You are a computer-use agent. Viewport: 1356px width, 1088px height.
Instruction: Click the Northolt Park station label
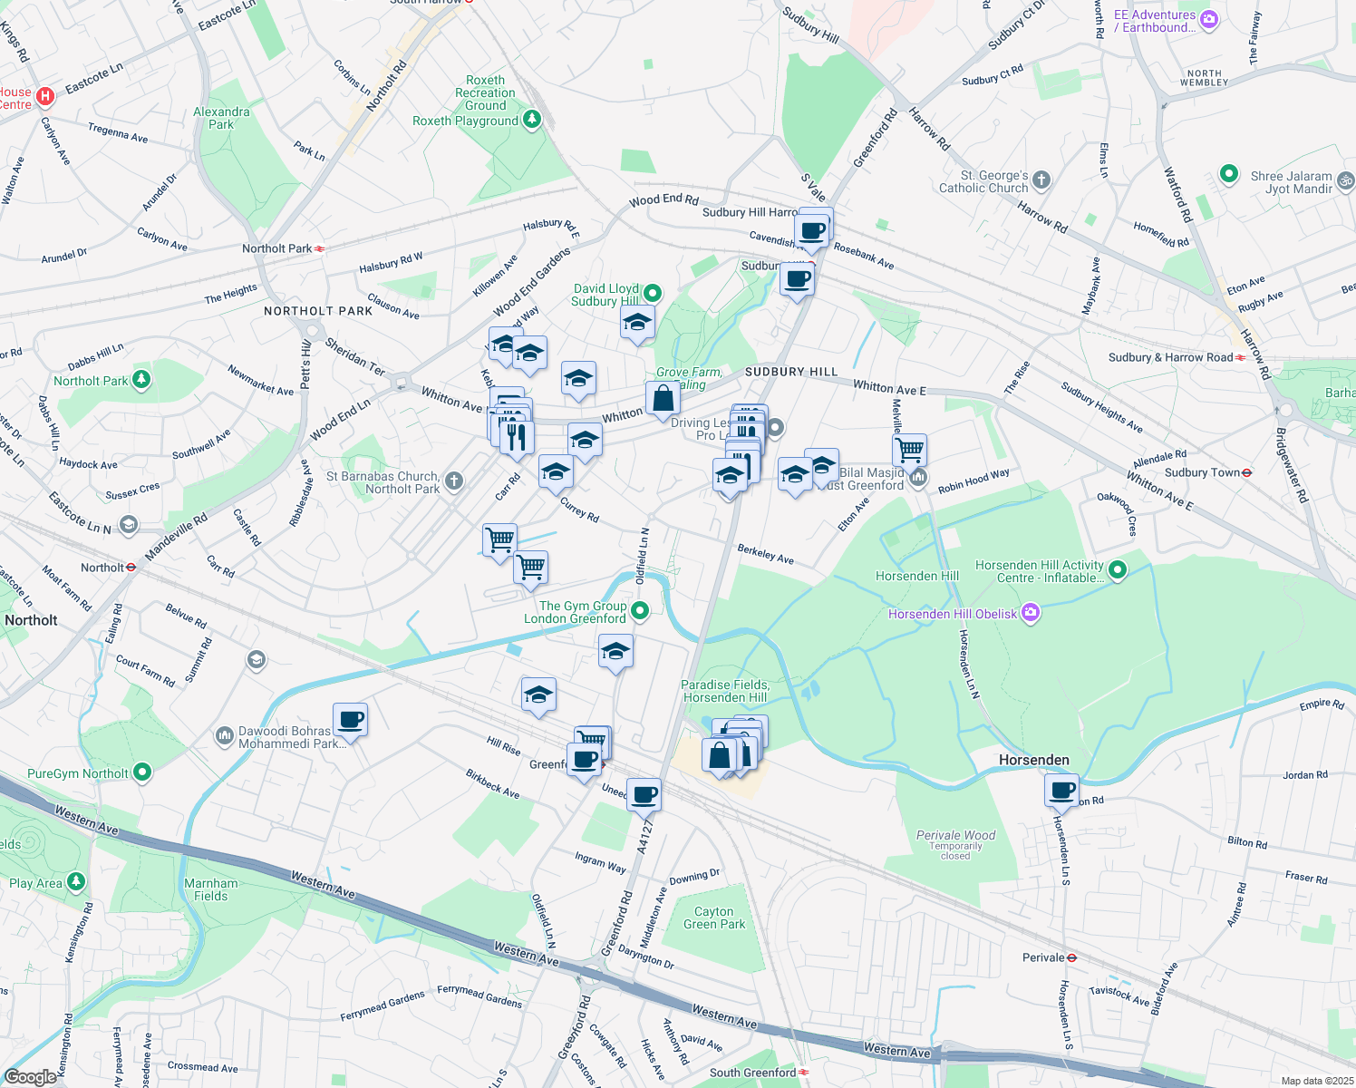coord(277,248)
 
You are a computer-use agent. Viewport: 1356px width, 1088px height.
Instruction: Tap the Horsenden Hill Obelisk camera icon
coord(1031,614)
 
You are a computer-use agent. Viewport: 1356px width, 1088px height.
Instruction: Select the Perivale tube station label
coord(1043,957)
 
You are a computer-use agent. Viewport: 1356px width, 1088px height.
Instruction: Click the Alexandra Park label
coord(221,118)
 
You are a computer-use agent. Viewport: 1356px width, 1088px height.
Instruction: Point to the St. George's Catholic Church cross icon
coord(1041,180)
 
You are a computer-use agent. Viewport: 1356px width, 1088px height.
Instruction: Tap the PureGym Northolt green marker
coord(142,772)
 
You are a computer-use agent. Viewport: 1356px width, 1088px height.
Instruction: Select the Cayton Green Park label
coord(714,918)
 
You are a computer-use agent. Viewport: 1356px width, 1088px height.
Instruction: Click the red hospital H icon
coord(45,95)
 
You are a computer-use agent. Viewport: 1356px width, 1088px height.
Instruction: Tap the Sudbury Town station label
coord(1202,472)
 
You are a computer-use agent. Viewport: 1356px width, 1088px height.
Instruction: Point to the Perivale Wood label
coord(955,835)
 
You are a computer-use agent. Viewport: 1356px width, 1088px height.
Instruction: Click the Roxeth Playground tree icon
coord(532,119)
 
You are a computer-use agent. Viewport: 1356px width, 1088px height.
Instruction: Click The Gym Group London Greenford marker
coord(640,611)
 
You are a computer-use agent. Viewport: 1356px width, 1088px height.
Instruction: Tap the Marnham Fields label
coord(211,889)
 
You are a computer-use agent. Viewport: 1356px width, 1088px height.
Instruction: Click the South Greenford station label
coord(752,1073)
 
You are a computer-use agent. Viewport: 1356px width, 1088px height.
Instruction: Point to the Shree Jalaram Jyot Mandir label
coord(1292,182)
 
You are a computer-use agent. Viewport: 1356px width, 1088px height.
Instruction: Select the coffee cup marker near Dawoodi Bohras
coord(350,720)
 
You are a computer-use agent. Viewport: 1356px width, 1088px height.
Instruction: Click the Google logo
coord(30,1077)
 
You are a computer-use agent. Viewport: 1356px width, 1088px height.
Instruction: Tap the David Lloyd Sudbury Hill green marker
coord(653,293)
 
